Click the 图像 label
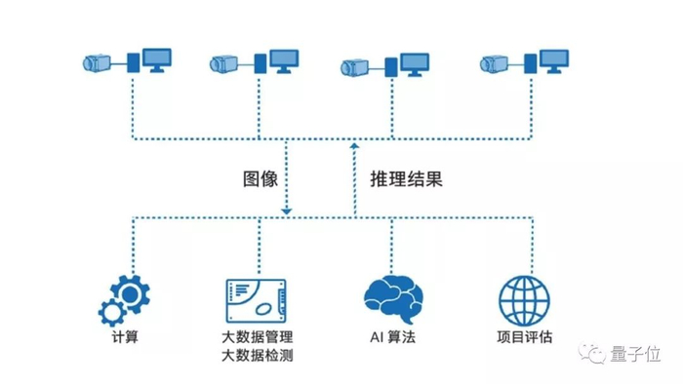[x=261, y=178]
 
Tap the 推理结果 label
[x=406, y=178]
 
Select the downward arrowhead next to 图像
[x=286, y=211]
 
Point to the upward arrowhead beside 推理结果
[x=354, y=146]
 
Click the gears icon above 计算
[x=125, y=300]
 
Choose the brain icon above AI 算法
[x=393, y=299]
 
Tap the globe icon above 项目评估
[x=524, y=301]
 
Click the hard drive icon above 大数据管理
[x=256, y=301]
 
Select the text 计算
[x=125, y=337]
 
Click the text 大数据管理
[x=257, y=337]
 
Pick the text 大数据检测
[x=257, y=356]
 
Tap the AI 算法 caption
[x=392, y=337]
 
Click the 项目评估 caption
[x=525, y=337]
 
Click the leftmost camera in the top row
[x=97, y=63]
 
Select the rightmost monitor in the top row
[x=554, y=61]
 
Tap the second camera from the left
[x=223, y=64]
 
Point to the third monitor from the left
[x=415, y=64]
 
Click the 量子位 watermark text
[x=635, y=354]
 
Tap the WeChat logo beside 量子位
[x=592, y=353]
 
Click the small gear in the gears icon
[x=112, y=312]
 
